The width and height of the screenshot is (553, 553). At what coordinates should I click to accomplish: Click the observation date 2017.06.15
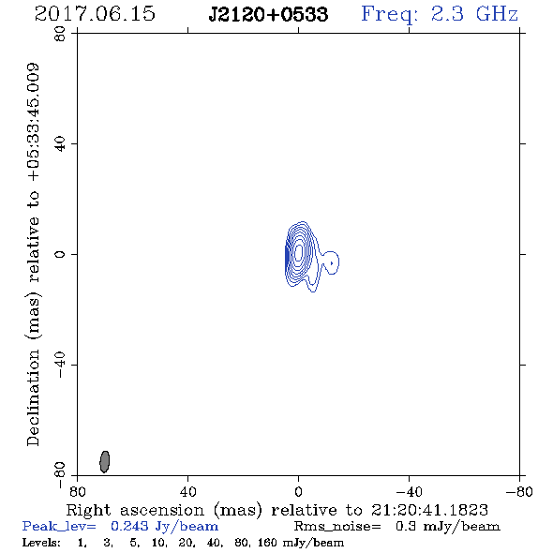pos(95,14)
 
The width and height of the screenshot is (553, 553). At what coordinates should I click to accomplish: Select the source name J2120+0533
pos(268,14)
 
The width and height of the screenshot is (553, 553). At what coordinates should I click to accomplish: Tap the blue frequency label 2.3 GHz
pos(474,14)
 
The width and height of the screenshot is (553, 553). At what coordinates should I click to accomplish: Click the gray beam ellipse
pos(105,461)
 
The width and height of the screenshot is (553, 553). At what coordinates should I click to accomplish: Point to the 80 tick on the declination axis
pos(60,34)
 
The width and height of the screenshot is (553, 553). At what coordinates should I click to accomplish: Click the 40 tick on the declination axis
pos(60,144)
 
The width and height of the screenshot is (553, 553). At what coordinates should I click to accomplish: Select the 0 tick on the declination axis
pos(60,254)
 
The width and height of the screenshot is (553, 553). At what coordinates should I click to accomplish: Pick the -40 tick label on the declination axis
pos(60,365)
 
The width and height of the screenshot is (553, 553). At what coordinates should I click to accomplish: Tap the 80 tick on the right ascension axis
pos(78,492)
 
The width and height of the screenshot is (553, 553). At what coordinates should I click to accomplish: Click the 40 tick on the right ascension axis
pos(188,492)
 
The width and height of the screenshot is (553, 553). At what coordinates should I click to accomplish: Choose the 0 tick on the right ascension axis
pos(298,492)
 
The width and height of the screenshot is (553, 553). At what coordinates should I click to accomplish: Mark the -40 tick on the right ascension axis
pos(409,492)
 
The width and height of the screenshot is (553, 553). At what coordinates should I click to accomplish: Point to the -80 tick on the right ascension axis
pos(519,492)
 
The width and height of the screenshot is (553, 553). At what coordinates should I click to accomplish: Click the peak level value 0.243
pos(129,526)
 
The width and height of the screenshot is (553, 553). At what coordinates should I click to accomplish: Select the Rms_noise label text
pos(336,527)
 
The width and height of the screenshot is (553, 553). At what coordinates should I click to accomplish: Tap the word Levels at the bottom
pos(41,543)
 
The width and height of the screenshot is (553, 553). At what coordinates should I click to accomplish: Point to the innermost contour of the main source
pos(299,251)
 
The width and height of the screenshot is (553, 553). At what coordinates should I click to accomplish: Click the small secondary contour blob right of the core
pos(331,262)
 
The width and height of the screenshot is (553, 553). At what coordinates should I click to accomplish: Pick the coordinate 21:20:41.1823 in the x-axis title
pos(429,510)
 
